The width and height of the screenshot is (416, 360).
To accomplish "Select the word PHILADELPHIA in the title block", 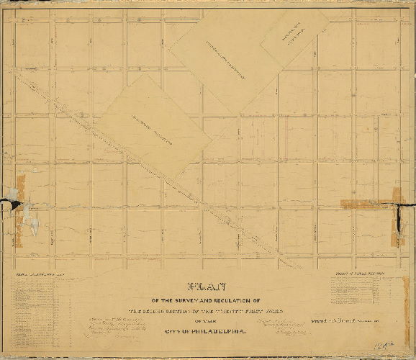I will [x=220, y=330].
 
